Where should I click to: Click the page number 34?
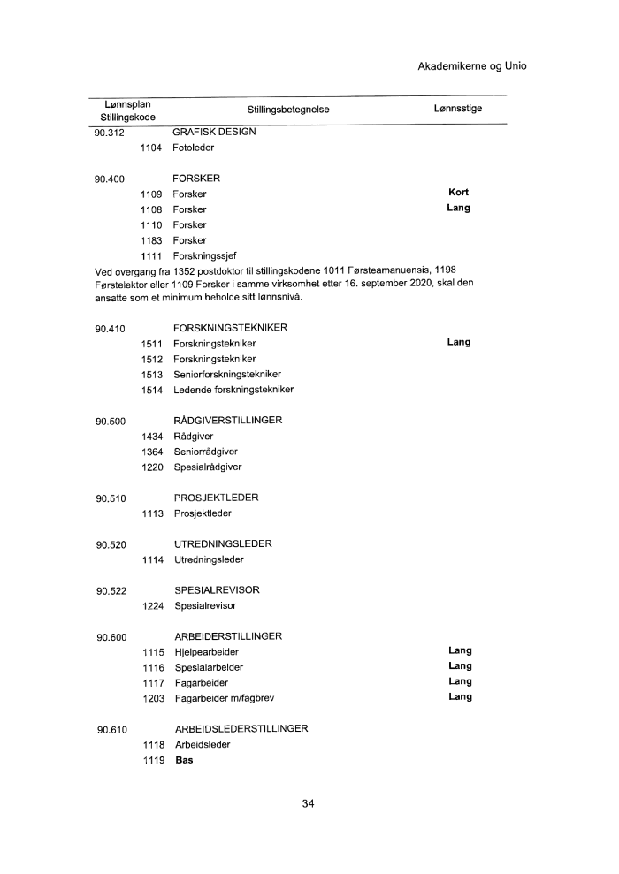coord(309,804)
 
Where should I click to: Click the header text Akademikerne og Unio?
coord(472,66)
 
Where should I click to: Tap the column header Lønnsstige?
coord(452,109)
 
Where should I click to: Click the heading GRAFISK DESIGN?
coord(214,132)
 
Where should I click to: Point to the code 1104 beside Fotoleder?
coord(153,148)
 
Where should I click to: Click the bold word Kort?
coord(458,193)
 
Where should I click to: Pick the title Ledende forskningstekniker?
coord(233,390)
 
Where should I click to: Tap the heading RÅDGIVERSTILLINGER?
coord(227,421)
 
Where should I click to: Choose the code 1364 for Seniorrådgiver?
coord(153,452)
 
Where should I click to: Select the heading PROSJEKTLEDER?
coord(216,498)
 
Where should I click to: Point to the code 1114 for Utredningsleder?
coord(153,559)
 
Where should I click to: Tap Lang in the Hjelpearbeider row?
coord(460,651)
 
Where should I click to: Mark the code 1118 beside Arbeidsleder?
coord(153,745)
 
